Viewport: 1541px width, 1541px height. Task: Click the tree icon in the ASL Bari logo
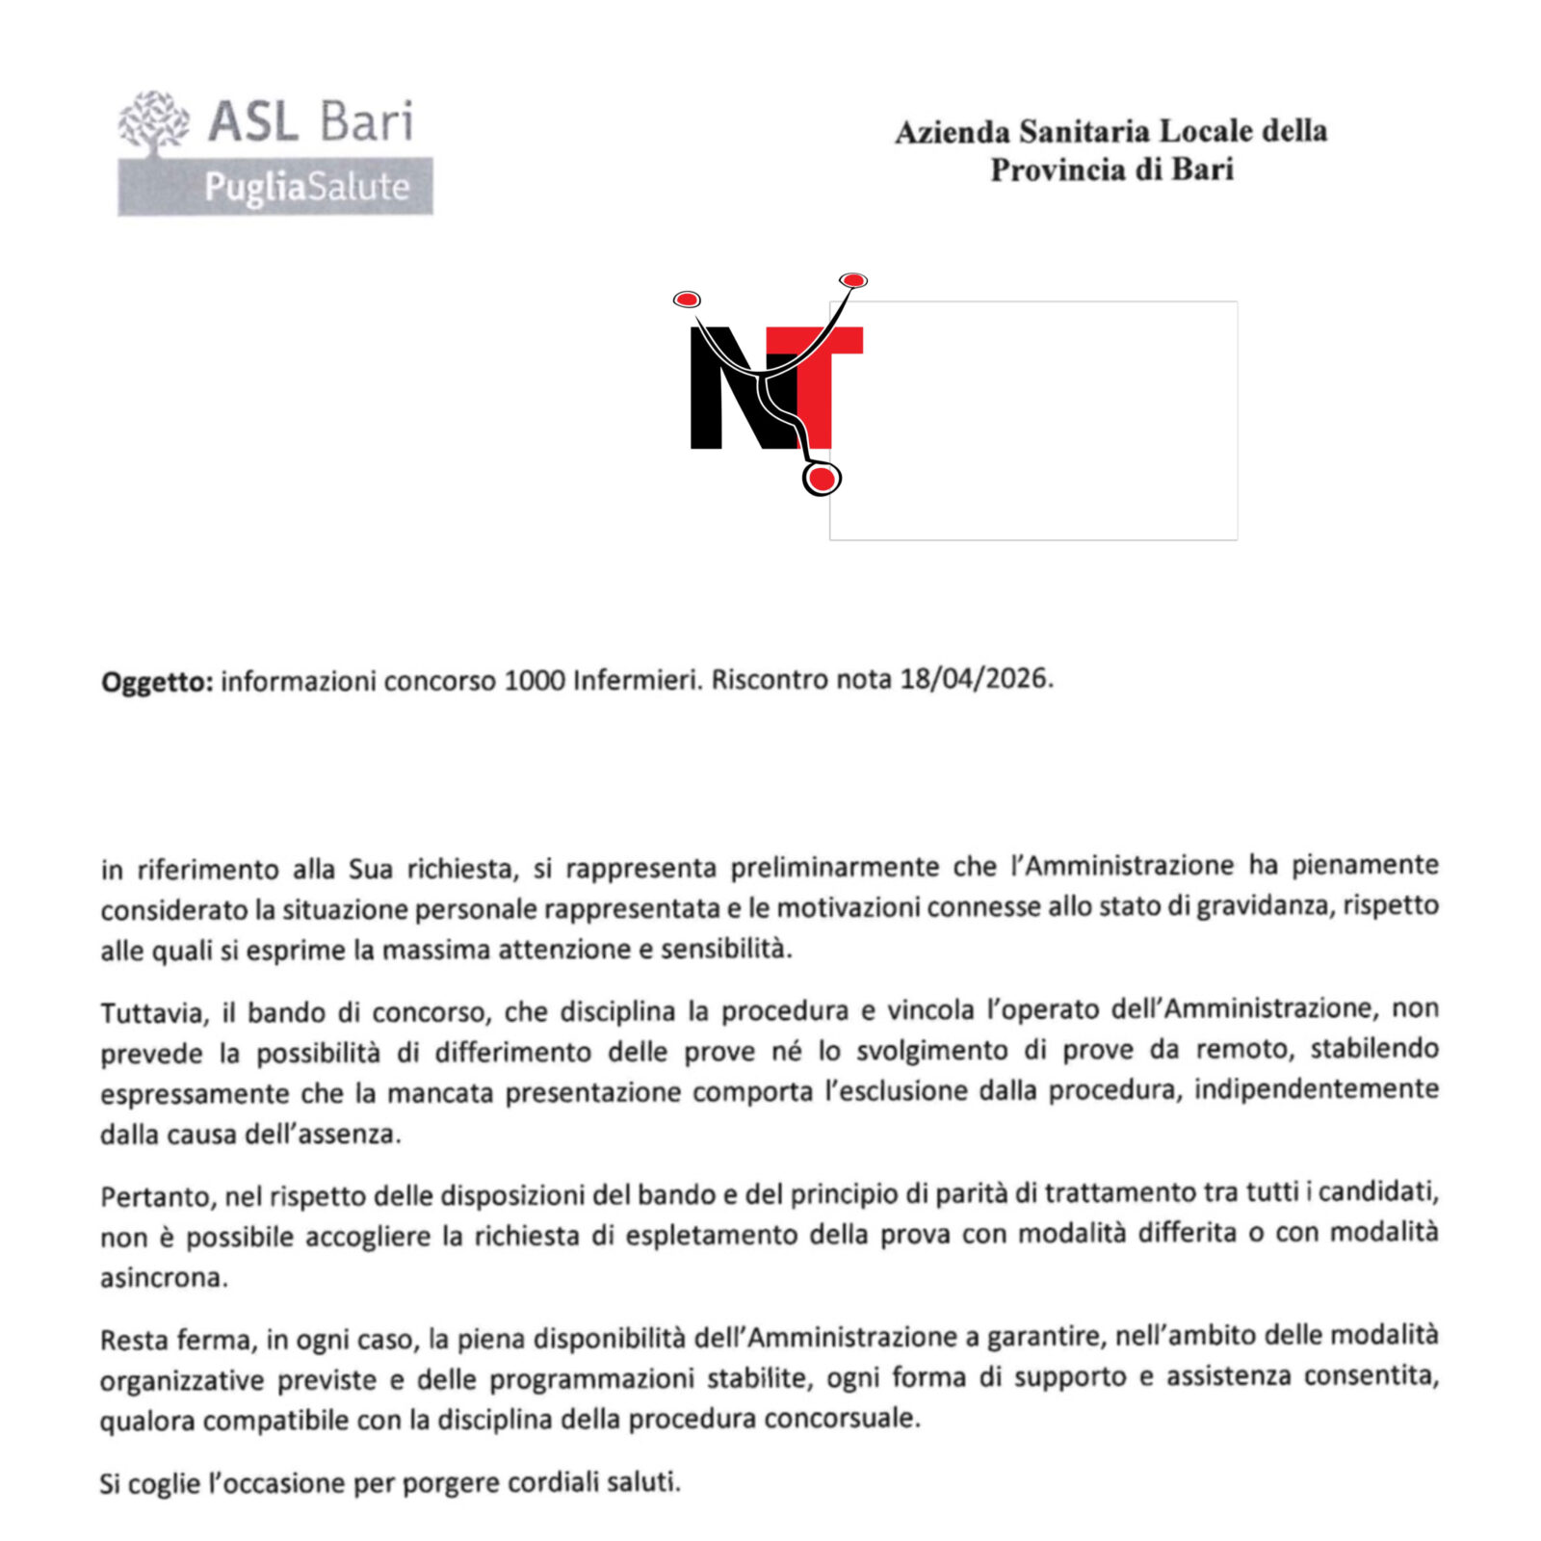[154, 122]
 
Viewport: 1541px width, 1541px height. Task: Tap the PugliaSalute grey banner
[275, 187]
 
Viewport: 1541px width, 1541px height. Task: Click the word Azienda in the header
[953, 132]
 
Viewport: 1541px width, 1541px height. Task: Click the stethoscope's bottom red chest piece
[822, 478]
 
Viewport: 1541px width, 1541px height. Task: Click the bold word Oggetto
[156, 683]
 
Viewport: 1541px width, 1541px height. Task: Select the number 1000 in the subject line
[534, 681]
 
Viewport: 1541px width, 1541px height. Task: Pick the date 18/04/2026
[975, 679]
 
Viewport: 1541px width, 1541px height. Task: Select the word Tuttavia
[154, 1013]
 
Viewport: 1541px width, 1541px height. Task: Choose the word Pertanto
[158, 1197]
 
